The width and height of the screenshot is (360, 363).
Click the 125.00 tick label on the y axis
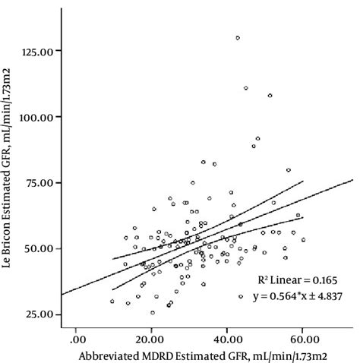37,51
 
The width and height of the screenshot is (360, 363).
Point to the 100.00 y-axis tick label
37,117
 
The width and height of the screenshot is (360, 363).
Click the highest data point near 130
238,37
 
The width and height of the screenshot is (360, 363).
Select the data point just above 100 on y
270,96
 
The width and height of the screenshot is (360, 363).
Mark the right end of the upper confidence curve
303,181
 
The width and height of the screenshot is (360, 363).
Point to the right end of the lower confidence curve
303,218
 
